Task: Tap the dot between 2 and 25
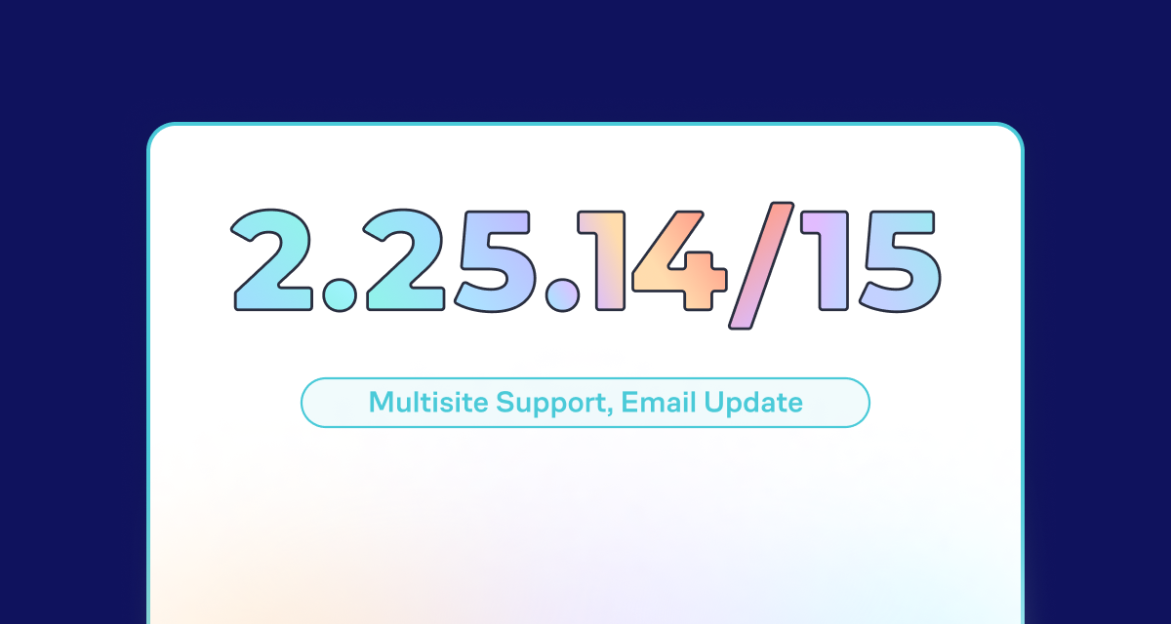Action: (x=340, y=294)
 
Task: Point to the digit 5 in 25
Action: (x=494, y=261)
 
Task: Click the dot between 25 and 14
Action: (x=562, y=294)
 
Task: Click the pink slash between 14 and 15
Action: (x=762, y=266)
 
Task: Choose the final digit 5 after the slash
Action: (x=899, y=261)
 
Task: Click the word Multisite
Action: (x=428, y=402)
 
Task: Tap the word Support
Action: (x=551, y=404)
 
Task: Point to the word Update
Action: (x=753, y=404)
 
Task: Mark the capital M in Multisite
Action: (x=382, y=403)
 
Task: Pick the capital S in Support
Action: (x=505, y=403)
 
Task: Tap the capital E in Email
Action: (x=629, y=403)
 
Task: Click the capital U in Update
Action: (x=713, y=403)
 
